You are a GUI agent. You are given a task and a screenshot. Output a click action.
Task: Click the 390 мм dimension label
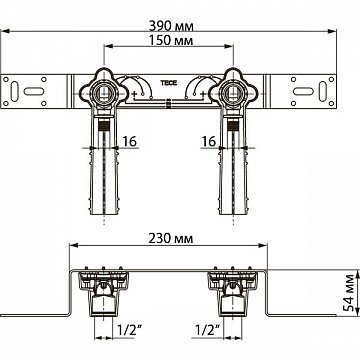pyautogui.click(x=180, y=13)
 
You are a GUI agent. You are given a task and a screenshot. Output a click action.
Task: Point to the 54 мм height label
pyautogui.click(x=347, y=297)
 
